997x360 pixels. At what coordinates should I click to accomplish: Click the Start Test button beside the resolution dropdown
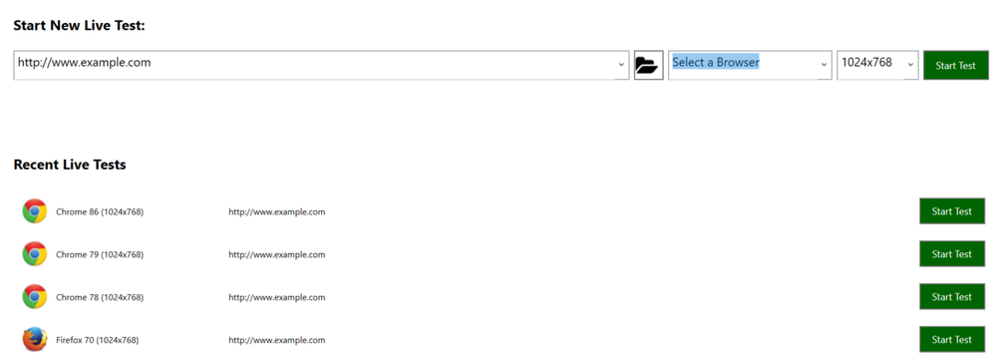[x=955, y=66]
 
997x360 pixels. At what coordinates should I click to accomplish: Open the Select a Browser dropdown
[x=749, y=65]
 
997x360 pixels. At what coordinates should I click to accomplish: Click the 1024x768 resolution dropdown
[x=876, y=65]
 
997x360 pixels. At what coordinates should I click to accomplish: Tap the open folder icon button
[x=648, y=66]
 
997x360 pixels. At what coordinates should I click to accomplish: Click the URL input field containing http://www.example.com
[x=309, y=65]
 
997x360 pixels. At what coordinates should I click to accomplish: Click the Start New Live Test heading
[x=79, y=25]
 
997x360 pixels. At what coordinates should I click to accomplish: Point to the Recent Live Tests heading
[x=70, y=165]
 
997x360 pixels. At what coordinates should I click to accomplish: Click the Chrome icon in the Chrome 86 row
[x=35, y=211]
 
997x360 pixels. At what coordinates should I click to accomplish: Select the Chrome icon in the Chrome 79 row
[x=35, y=254]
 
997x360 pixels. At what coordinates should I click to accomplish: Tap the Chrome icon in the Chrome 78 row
[x=35, y=297]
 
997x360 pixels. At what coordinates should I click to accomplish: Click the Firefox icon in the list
[x=35, y=339]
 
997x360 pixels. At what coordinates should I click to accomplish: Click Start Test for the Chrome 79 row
[x=951, y=254]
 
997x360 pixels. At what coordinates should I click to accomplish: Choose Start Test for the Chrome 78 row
[x=951, y=297]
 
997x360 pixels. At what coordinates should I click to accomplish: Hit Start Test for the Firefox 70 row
[x=951, y=339]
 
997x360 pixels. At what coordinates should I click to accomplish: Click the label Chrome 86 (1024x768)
[x=100, y=211]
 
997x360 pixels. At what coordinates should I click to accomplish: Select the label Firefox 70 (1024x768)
[x=97, y=340]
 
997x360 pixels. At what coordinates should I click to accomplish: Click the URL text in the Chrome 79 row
[x=276, y=254]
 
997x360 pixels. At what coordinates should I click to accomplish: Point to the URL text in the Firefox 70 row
[x=276, y=340]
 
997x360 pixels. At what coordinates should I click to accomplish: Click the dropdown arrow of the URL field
[x=621, y=66]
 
